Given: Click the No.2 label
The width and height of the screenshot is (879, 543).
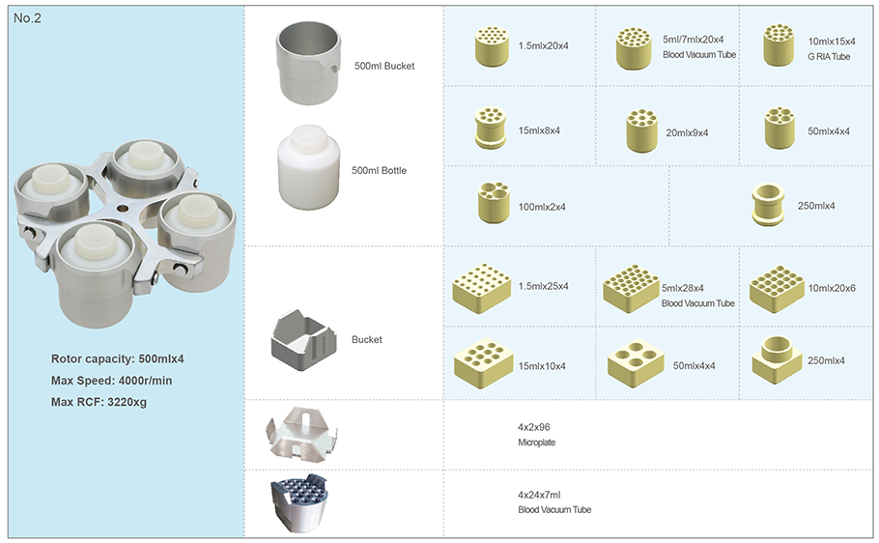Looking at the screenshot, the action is coord(27,18).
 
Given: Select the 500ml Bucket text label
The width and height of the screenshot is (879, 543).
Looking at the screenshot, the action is coord(384,66).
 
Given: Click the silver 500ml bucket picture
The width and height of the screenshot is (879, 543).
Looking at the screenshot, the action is coord(308,63).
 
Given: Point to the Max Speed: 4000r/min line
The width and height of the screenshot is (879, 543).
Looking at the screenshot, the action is coord(111,381).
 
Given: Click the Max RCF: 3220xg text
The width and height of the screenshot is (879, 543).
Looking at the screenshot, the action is coord(99,402).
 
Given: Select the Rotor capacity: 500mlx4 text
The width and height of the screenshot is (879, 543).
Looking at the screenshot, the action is coord(117,359).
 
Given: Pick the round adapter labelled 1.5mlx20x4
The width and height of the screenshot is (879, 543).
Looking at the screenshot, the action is coord(492,46).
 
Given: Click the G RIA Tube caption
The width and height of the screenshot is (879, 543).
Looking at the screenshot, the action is coord(829,57).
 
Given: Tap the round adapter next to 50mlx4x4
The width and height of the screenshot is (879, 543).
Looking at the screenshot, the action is coord(780,128).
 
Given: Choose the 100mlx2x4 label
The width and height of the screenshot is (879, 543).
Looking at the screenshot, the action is coord(542,207).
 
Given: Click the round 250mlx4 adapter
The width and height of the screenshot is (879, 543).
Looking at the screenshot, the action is coord(768,205).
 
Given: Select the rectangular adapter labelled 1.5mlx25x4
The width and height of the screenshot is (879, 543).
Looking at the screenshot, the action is coord(482,288).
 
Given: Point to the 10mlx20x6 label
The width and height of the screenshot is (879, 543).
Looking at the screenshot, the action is coord(832,288).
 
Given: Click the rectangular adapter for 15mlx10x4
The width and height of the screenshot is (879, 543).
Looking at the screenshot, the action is coord(483,363).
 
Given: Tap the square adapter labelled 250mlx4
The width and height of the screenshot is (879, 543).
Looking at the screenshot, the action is coord(777,360).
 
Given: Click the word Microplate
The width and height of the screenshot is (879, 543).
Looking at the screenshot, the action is coord(536,443).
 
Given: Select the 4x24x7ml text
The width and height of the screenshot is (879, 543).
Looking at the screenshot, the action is coord(539,495).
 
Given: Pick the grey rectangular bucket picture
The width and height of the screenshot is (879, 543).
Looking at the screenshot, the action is coord(304,339).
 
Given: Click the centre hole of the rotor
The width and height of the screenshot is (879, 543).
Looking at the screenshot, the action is coord(122,209).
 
